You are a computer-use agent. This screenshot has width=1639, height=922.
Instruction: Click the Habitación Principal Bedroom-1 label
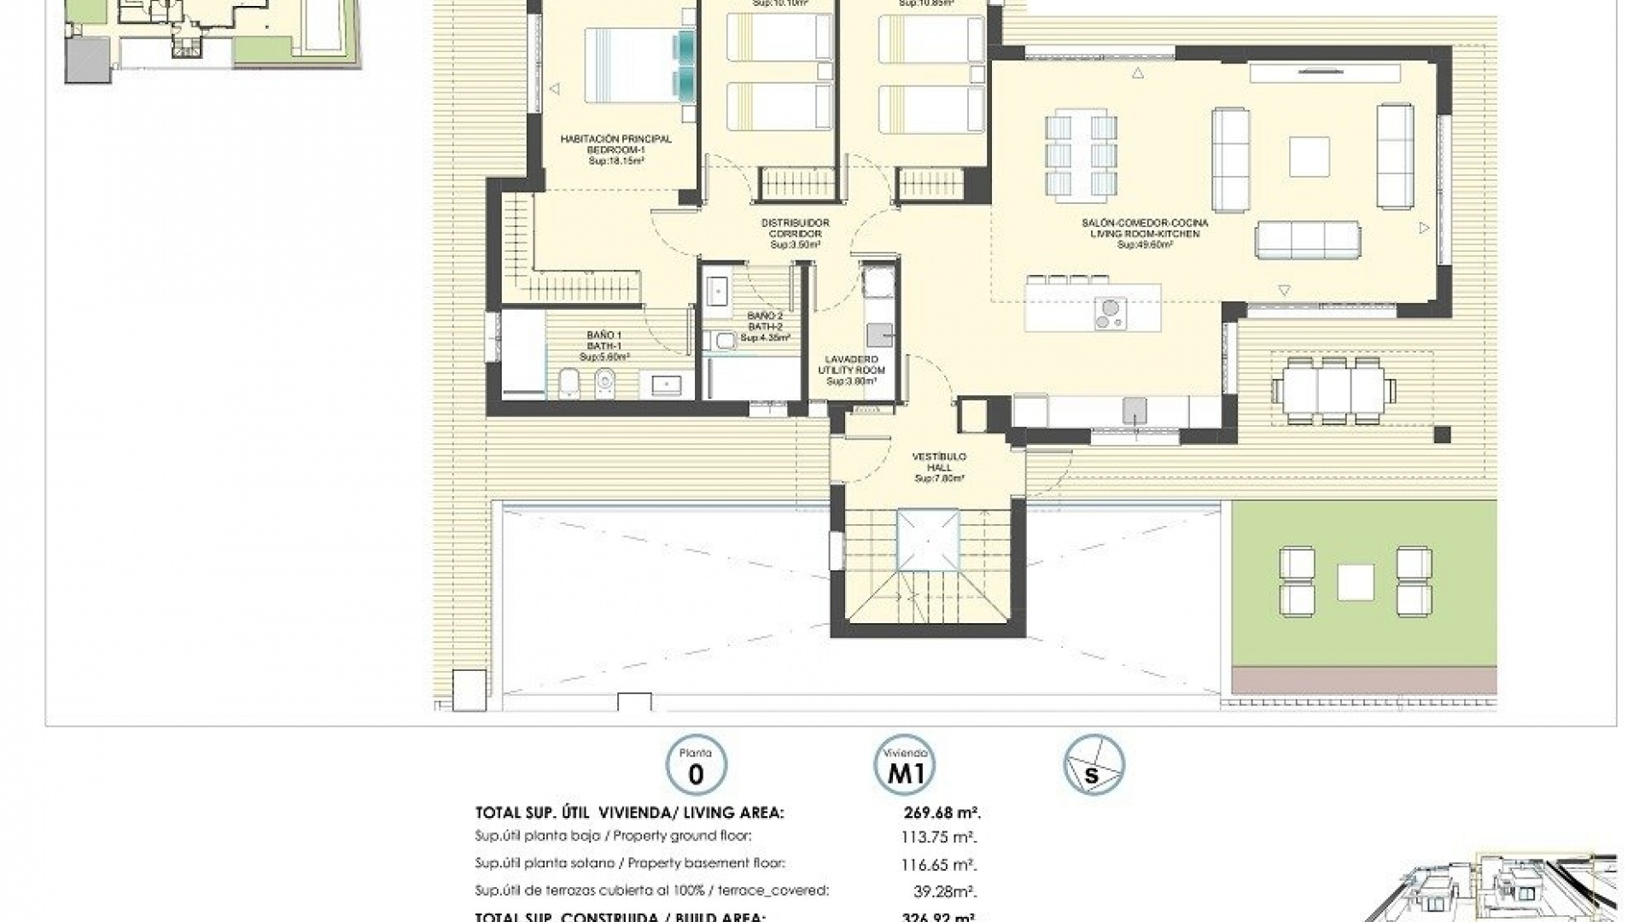(x=615, y=149)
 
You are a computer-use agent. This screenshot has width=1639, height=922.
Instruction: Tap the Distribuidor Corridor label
(x=795, y=233)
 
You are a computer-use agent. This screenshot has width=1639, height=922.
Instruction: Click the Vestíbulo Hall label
(x=939, y=468)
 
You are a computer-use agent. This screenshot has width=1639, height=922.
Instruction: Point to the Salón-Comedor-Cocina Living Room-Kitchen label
(x=1145, y=233)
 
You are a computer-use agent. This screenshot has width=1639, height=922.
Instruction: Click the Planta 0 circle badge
(x=696, y=765)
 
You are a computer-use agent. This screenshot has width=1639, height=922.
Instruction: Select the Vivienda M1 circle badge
(x=905, y=765)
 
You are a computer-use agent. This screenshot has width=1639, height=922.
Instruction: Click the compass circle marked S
(x=1094, y=765)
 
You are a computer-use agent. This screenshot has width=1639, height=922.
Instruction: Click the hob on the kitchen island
(x=1111, y=312)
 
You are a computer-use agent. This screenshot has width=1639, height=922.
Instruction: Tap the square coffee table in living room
(x=1309, y=157)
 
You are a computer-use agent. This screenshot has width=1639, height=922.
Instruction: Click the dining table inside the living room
(x=1082, y=155)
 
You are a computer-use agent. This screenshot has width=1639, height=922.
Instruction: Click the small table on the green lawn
(x=1356, y=582)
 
